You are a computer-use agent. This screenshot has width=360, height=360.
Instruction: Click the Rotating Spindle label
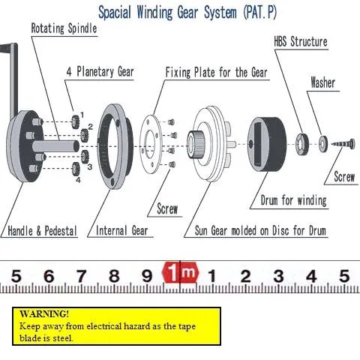tap(64, 28)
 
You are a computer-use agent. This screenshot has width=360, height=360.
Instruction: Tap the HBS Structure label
tap(301, 42)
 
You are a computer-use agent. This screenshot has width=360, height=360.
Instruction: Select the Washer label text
tap(322, 82)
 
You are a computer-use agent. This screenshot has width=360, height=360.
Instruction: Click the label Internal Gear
tap(122, 230)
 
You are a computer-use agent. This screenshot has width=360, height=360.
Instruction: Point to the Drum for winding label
tap(294, 200)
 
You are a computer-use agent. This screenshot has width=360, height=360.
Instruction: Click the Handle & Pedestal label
tap(42, 231)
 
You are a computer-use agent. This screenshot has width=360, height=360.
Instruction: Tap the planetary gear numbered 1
tap(75, 121)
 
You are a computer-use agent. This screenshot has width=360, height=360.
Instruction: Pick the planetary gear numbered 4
tap(76, 169)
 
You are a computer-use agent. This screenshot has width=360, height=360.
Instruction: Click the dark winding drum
tap(267, 144)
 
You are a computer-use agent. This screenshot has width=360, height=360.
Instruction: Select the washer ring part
tap(323, 144)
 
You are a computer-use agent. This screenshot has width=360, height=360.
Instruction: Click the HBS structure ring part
tap(301, 144)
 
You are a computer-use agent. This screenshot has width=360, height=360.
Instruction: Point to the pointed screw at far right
tap(343, 144)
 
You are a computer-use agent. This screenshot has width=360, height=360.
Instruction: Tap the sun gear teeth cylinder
tap(196, 144)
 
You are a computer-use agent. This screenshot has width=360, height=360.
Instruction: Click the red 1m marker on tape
tap(180, 272)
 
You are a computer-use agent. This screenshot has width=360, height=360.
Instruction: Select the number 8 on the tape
tap(114, 276)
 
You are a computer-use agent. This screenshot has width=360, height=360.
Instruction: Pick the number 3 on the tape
tap(278, 276)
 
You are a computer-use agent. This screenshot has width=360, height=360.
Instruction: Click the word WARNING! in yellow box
tap(44, 313)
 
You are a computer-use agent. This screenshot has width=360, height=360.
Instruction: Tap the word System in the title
tap(220, 13)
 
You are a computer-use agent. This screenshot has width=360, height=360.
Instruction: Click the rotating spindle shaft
tap(55, 146)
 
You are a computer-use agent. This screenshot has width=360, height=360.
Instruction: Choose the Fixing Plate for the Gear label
tap(217, 73)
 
